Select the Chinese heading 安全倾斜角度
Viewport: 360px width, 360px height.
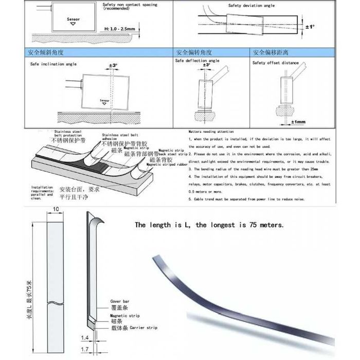click(x=43, y=53)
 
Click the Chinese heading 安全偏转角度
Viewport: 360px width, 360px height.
click(x=194, y=53)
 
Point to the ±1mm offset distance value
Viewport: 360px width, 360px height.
click(x=298, y=122)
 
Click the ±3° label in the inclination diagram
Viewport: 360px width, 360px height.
click(x=113, y=65)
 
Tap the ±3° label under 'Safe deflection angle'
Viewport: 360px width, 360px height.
click(x=206, y=65)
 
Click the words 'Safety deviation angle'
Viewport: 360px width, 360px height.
click(x=249, y=6)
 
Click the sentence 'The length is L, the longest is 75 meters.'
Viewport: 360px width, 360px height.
click(x=209, y=225)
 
